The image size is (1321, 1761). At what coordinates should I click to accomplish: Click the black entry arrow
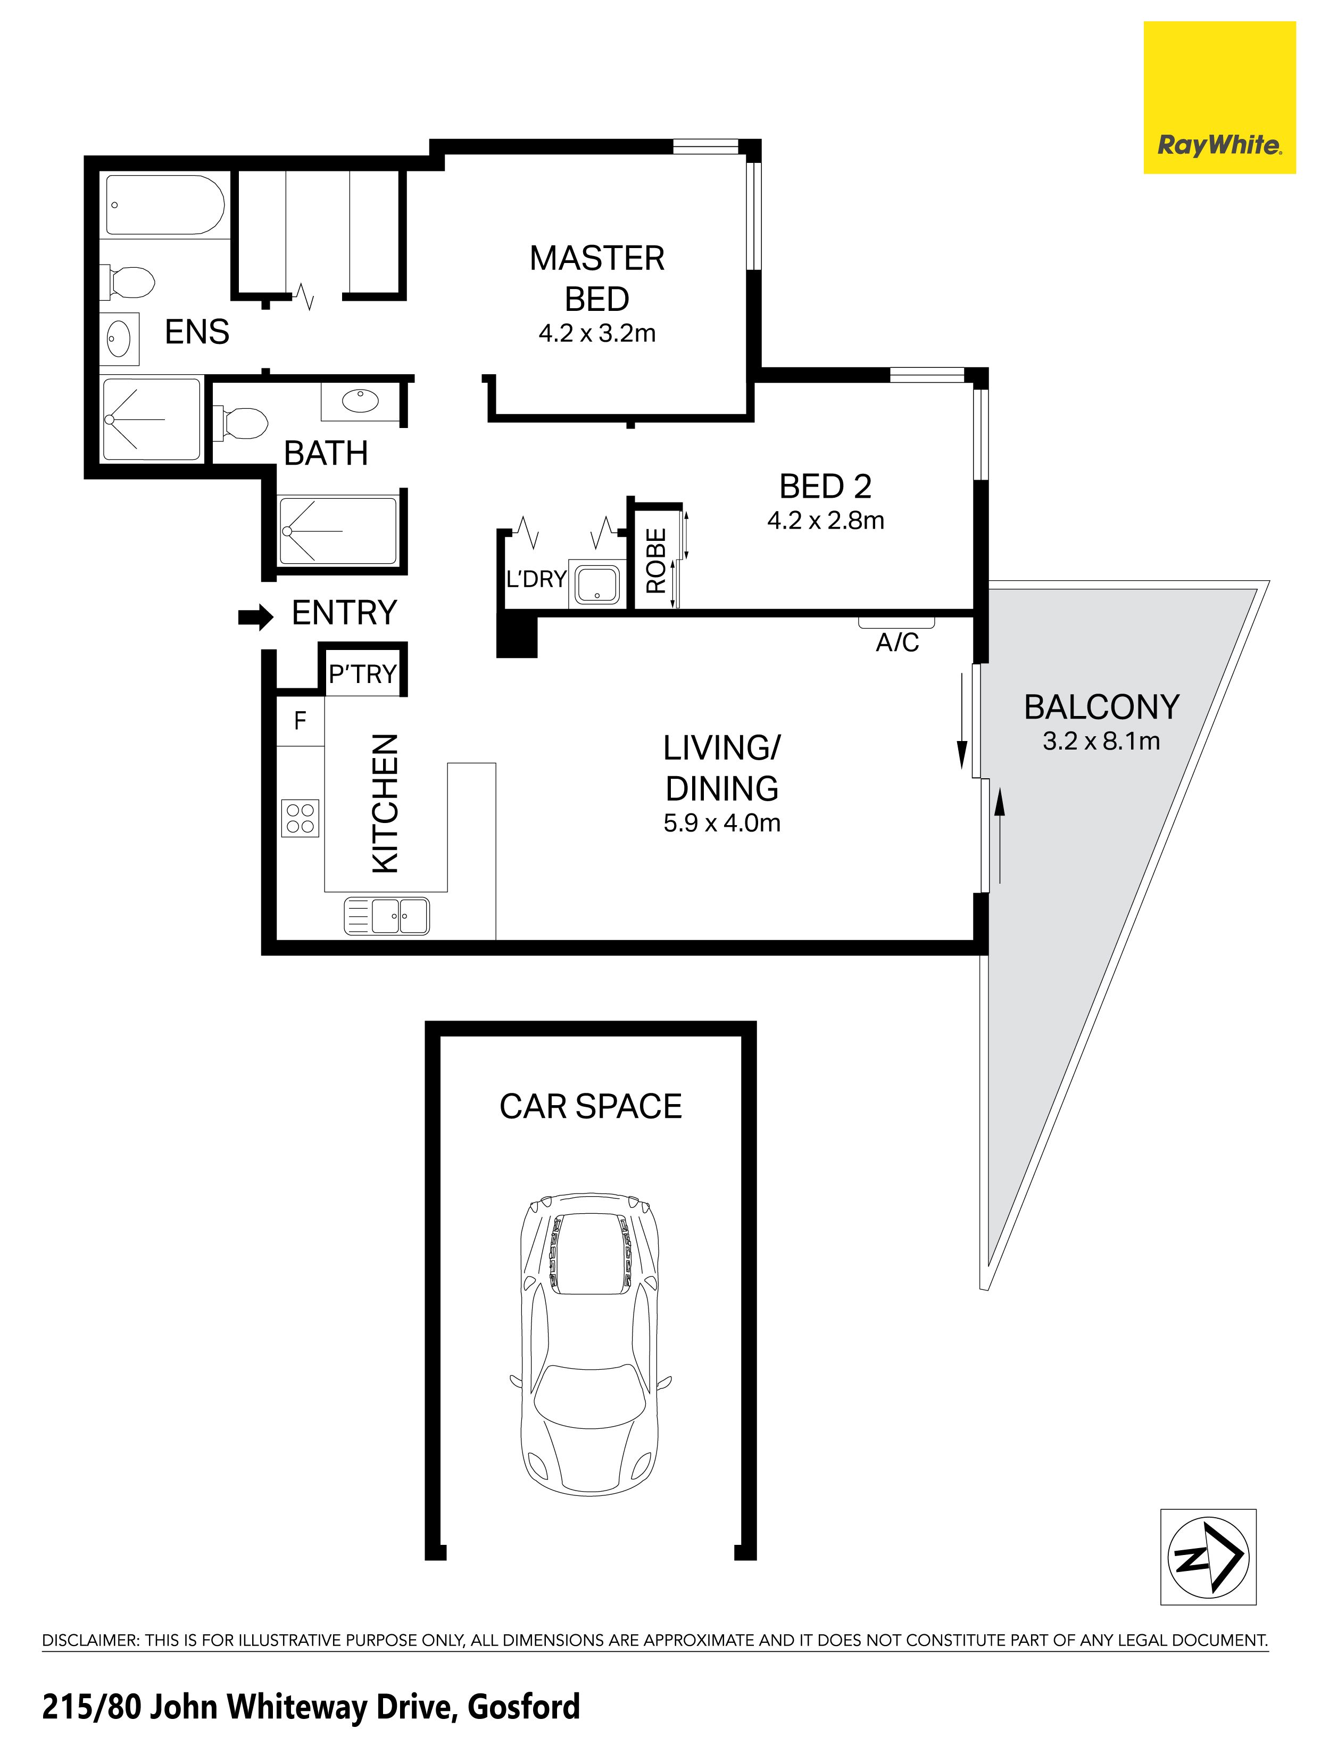(x=255, y=616)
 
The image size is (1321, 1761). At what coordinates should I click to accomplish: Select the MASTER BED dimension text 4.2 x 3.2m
(x=597, y=333)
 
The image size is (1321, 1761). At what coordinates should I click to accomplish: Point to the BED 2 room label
(x=825, y=485)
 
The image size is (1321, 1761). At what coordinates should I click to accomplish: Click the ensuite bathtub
(x=165, y=204)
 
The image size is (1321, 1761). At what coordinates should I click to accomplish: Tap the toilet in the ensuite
(x=127, y=283)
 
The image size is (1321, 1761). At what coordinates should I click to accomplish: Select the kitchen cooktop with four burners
(x=300, y=818)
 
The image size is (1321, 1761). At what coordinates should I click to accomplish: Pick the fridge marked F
(x=300, y=720)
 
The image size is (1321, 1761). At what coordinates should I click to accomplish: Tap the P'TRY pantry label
(x=362, y=674)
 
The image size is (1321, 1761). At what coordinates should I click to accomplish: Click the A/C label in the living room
(x=897, y=641)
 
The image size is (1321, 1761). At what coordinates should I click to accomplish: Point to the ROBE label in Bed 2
(x=656, y=561)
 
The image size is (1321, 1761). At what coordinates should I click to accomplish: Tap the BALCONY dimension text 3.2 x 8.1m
(x=1101, y=741)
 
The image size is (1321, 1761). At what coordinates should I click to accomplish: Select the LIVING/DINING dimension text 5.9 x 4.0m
(x=722, y=822)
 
